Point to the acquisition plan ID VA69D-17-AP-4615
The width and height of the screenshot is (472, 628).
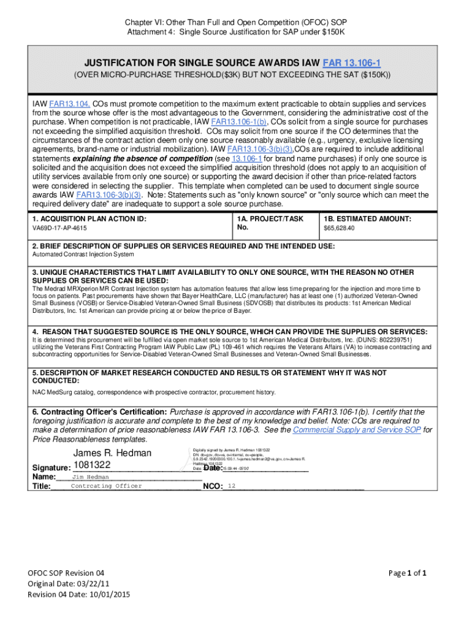click(x=59, y=228)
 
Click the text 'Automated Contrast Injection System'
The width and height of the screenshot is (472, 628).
click(x=83, y=254)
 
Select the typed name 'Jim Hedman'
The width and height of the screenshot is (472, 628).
click(x=91, y=477)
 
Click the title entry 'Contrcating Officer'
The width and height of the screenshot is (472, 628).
click(x=106, y=486)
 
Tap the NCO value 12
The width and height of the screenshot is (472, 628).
click(x=231, y=486)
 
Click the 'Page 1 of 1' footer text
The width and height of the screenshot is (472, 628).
click(x=408, y=573)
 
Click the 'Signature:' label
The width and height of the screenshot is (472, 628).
click(x=51, y=469)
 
